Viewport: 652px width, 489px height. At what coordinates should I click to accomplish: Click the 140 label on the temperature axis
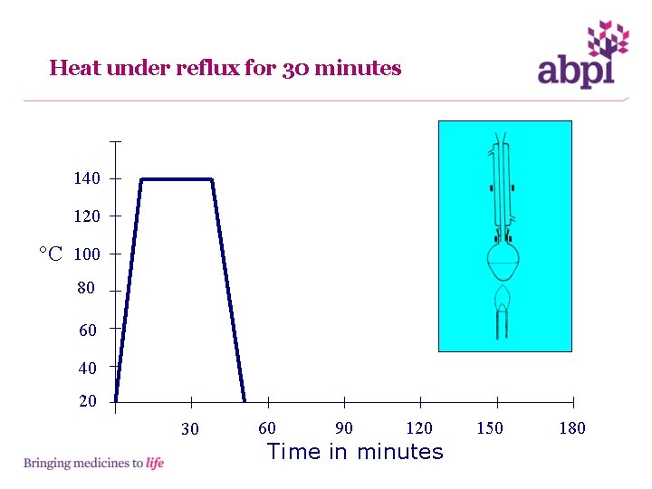87,179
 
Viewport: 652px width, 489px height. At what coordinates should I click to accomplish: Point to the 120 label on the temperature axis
87,217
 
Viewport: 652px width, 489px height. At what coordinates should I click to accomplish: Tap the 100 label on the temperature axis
87,254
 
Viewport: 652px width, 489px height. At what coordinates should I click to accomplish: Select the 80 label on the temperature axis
86,289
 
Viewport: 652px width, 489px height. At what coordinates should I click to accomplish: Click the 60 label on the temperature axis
88,331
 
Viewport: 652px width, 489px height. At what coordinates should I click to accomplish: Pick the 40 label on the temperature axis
88,369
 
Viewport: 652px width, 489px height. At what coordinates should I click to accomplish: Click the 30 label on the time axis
189,429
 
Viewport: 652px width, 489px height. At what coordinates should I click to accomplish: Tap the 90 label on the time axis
344,428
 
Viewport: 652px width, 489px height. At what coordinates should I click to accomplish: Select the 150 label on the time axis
490,428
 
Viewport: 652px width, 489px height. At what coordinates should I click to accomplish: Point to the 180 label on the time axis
572,428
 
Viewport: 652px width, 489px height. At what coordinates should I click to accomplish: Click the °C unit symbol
51,254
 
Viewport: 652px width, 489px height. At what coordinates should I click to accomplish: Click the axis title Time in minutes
355,451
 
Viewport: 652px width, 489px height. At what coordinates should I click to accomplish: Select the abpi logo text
576,71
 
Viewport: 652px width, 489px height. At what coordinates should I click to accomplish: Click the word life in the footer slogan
155,464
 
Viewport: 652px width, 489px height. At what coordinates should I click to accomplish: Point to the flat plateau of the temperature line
177,179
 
